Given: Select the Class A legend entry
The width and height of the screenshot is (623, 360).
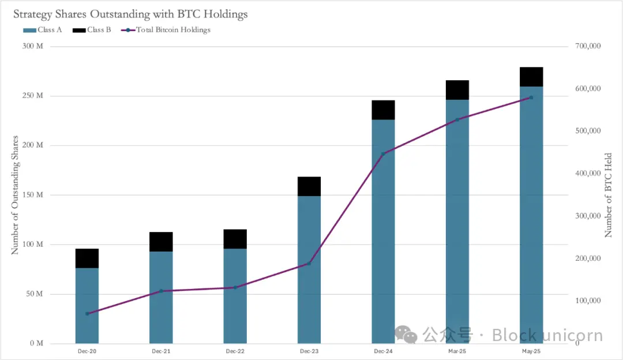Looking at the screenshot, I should tap(43, 30).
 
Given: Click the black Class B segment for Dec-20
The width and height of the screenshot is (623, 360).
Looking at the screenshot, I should tap(87, 258).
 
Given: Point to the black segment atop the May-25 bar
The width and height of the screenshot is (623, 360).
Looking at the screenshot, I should tap(531, 77).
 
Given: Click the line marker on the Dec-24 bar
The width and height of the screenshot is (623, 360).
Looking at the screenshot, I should tap(383, 154).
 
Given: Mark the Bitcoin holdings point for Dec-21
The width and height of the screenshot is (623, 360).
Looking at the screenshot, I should tap(161, 291).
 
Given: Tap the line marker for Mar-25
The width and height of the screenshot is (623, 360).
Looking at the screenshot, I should tap(457, 119).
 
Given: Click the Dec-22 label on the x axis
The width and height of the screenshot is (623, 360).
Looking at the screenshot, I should tap(235, 351).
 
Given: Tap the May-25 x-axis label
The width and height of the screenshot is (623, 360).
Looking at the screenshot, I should tap(531, 351).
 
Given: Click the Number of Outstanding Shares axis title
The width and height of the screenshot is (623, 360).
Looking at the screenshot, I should tap(16, 195).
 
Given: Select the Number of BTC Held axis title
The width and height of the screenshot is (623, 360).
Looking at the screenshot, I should tap(609, 195).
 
